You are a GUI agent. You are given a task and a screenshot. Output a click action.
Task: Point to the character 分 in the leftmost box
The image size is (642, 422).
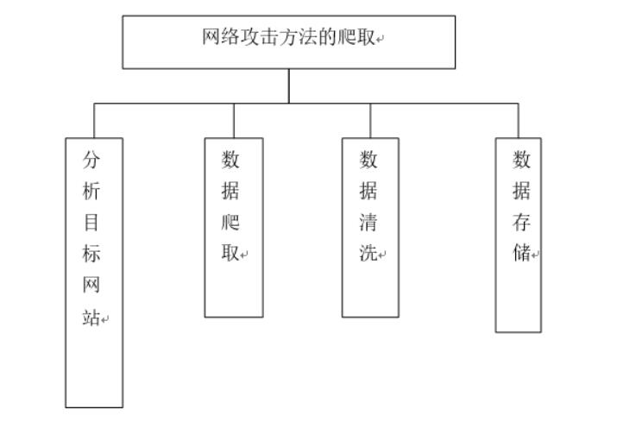click(91, 160)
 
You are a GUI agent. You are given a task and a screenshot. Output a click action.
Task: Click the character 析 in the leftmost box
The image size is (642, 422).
click(91, 192)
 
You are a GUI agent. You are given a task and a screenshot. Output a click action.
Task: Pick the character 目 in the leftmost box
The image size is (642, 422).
click(91, 223)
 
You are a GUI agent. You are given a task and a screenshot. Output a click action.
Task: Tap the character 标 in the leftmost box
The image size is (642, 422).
click(91, 255)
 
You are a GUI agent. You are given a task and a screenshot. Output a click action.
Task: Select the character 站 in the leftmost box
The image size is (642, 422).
click(91, 318)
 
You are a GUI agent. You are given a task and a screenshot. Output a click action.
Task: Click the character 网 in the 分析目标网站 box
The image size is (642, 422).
click(91, 286)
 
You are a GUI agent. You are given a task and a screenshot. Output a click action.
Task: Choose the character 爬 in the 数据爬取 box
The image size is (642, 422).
click(230, 223)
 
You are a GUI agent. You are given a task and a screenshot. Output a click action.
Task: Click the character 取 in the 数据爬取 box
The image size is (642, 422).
click(230, 255)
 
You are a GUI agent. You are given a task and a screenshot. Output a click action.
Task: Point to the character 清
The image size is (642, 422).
click(368, 223)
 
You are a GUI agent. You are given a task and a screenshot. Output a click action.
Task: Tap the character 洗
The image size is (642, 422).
click(368, 255)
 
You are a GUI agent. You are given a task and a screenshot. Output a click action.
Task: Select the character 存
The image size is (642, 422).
click(521, 223)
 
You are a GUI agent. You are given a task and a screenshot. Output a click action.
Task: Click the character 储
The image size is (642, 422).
click(521, 255)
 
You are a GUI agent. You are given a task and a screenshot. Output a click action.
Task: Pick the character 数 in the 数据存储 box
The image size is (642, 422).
click(521, 160)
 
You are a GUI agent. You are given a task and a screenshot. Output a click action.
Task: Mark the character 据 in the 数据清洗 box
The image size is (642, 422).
click(368, 192)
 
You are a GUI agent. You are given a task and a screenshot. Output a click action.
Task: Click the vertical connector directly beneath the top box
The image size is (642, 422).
click(289, 85)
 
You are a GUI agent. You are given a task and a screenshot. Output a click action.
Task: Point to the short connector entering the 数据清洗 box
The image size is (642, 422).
click(371, 120)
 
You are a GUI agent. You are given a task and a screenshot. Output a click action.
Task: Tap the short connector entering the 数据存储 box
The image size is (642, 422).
click(519, 120)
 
